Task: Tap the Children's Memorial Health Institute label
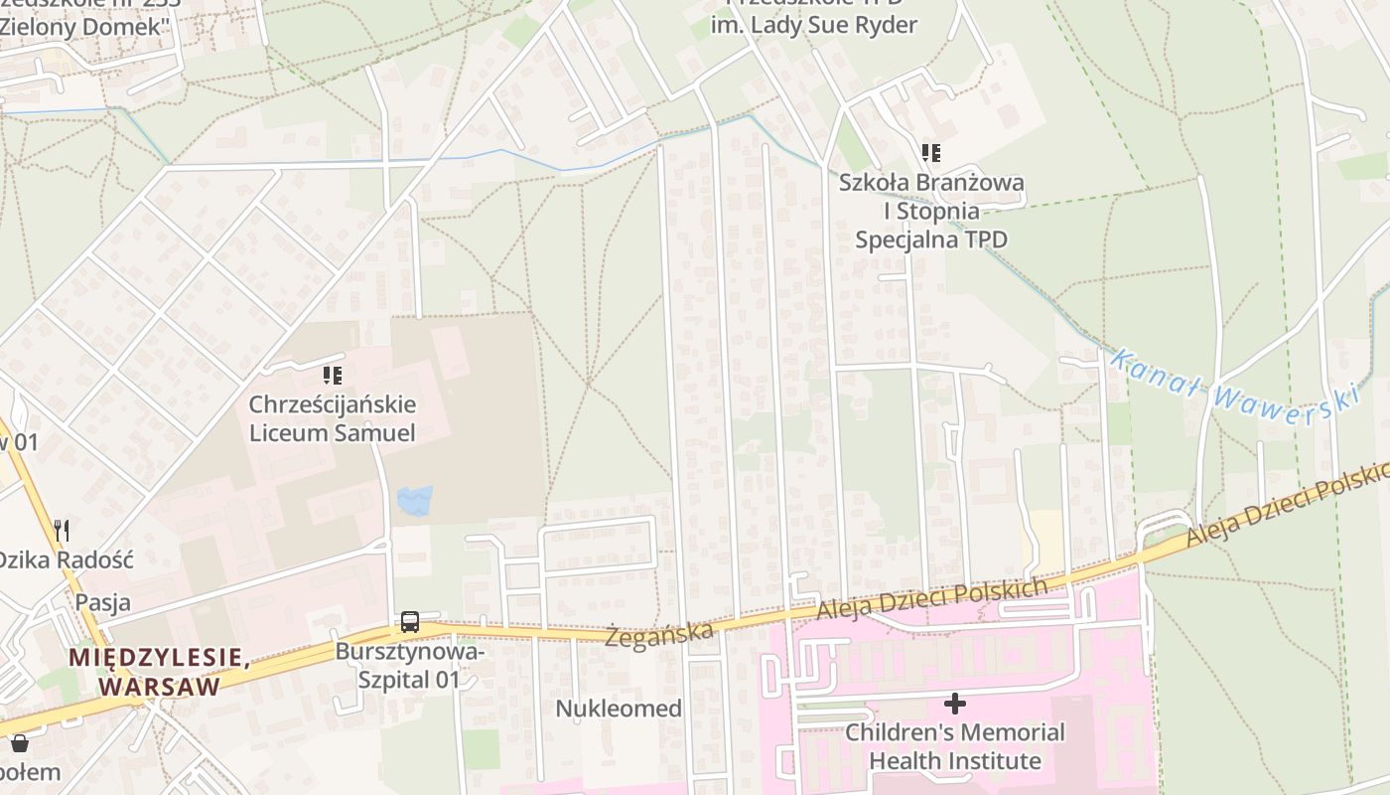954,747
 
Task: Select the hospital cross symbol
954,704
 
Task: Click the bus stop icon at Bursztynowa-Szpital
409,623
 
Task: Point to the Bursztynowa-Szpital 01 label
410,666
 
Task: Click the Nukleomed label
619,709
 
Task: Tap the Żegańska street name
660,632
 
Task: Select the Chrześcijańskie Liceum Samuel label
332,419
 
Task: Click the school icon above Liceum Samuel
332,376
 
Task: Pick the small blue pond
414,500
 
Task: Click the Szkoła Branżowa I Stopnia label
930,211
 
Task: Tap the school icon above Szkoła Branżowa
930,153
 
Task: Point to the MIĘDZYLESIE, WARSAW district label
158,672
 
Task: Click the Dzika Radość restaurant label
66,558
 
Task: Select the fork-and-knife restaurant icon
62,530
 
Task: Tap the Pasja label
102,602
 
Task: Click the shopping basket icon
19,742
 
